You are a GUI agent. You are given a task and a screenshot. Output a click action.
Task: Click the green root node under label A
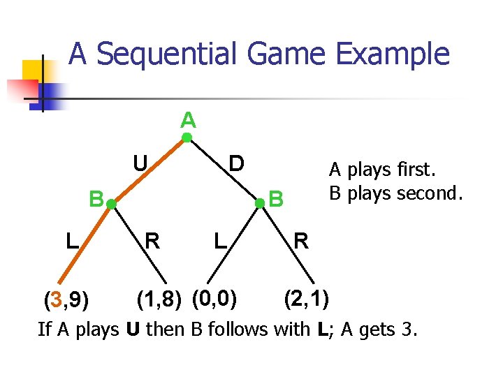click(187, 138)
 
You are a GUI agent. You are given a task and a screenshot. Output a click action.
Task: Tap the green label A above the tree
click(187, 120)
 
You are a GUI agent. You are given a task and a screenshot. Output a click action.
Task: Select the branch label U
click(140, 163)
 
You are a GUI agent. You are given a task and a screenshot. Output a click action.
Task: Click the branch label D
click(237, 163)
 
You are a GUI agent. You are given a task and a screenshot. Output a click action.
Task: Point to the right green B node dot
click(259, 203)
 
